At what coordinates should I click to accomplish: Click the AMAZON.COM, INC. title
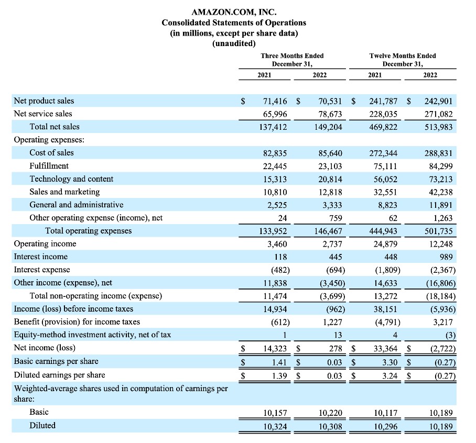tap(234, 12)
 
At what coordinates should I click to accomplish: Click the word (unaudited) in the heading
tap(234, 43)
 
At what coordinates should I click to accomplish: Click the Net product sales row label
tap(44, 101)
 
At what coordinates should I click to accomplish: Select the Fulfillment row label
tap(49, 165)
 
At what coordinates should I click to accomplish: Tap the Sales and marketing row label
tap(64, 192)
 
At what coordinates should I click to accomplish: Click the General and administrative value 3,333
tap(331, 205)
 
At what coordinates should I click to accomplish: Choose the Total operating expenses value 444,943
tap(383, 231)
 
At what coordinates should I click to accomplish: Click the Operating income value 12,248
tap(440, 244)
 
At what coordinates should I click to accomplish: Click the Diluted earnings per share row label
tap(59, 374)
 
